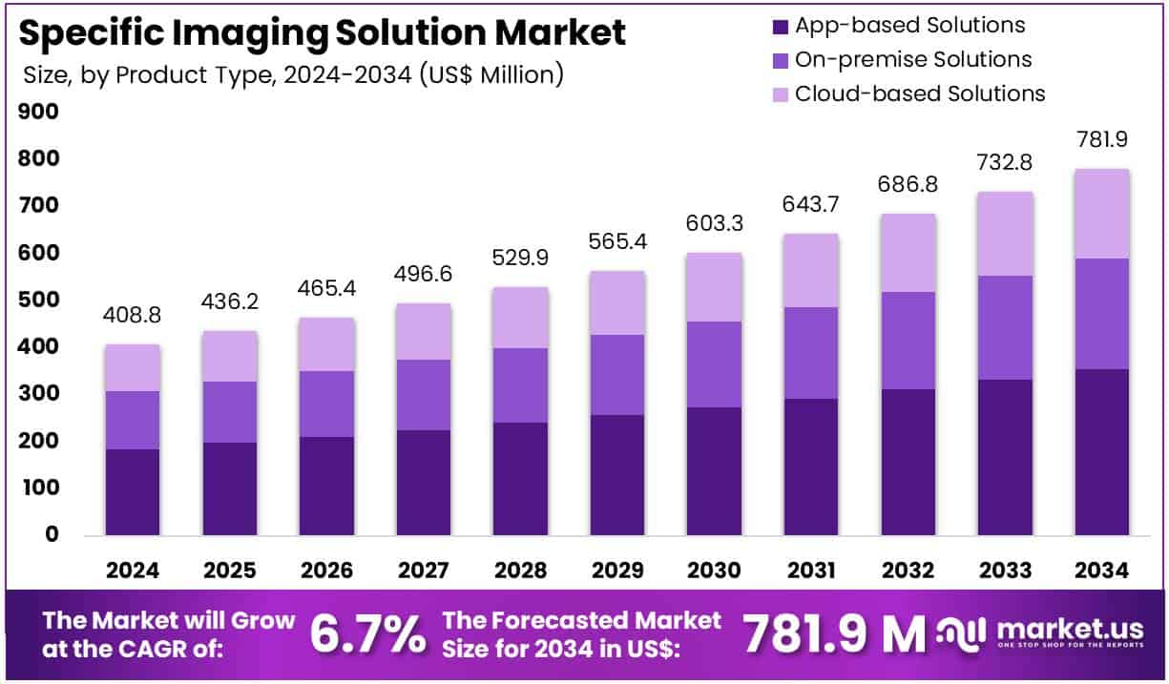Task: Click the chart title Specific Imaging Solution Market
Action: pos(323,32)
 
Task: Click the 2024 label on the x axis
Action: pos(133,570)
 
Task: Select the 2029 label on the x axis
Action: pos(617,570)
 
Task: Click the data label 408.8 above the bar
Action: pos(133,312)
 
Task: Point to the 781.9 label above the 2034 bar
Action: pos(1102,139)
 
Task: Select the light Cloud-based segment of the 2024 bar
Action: pos(133,367)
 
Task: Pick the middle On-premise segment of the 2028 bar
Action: pos(520,384)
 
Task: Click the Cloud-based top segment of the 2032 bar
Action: pos(908,252)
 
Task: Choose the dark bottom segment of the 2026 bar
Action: pos(326,486)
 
